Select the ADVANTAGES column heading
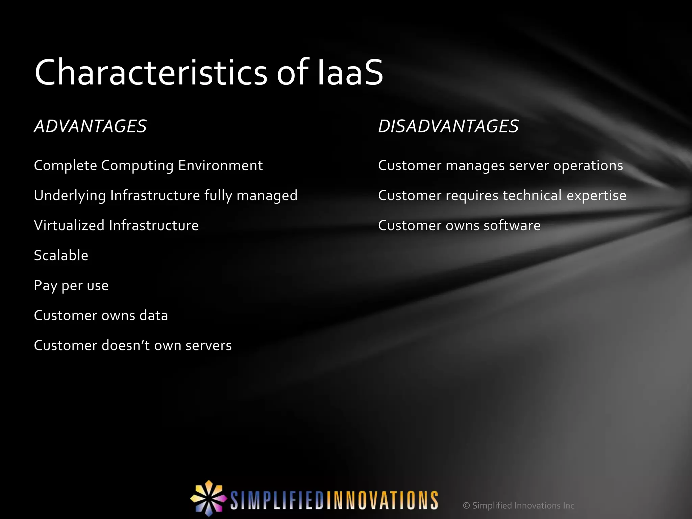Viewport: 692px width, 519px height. point(90,126)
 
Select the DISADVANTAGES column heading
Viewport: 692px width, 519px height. point(448,126)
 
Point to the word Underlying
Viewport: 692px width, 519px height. point(70,196)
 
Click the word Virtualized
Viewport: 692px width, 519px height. point(69,225)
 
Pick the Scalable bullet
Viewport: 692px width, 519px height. point(61,255)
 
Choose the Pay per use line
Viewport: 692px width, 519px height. point(71,286)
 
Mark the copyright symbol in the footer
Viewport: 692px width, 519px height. point(466,505)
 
